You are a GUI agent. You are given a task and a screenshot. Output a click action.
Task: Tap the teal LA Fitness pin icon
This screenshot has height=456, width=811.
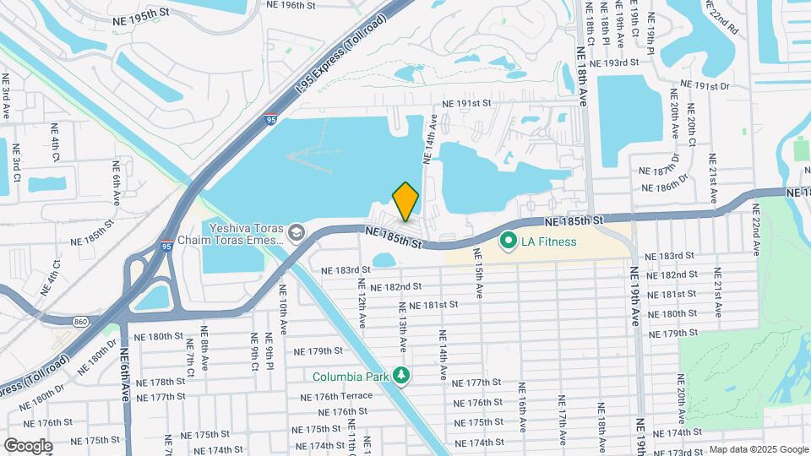point(508,242)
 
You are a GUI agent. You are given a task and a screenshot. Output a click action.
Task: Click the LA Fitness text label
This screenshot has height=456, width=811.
point(548,242)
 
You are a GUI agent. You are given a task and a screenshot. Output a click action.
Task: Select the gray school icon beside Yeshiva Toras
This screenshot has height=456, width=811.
point(296,231)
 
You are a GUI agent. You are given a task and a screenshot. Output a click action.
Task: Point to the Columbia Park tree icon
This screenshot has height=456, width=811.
point(403,376)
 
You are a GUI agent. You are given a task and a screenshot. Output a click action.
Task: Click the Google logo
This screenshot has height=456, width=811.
point(28,446)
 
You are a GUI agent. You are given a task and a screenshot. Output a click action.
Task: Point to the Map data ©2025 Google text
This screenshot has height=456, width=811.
point(757,449)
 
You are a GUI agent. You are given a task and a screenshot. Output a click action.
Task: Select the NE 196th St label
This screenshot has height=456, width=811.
point(291,5)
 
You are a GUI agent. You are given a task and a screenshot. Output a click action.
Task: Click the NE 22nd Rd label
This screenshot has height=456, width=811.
point(729,15)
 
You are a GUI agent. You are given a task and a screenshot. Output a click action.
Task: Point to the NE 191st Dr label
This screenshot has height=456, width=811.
point(705,86)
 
